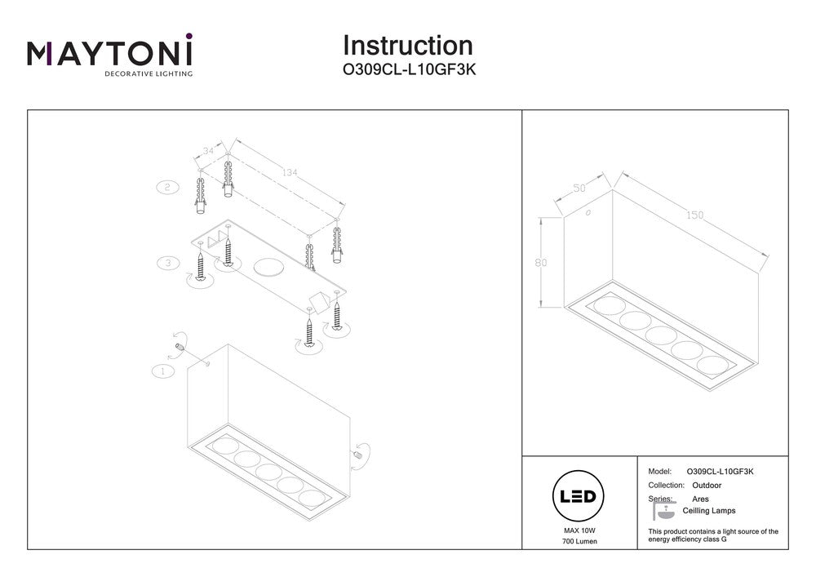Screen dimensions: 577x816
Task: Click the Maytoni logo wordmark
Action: pos(110,53)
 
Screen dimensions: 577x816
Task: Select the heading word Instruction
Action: pos(407,46)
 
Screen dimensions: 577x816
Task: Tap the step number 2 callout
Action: pos(167,187)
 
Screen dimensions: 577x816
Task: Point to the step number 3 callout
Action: pos(167,263)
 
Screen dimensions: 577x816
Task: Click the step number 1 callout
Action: pos(163,371)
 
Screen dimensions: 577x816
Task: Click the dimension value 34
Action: pos(209,151)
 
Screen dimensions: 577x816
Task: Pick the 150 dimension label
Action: pos(694,215)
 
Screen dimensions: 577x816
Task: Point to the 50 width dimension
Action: pos(579,189)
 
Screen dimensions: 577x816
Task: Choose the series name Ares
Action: pos(700,499)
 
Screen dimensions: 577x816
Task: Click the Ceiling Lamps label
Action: pos(708,511)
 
